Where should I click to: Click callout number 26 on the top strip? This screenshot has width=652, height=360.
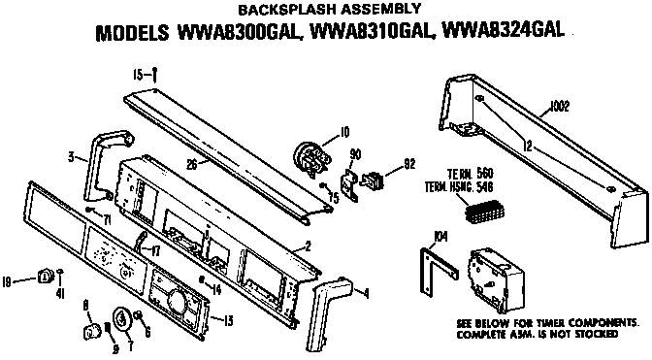click(192, 165)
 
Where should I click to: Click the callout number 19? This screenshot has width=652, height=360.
click(7, 280)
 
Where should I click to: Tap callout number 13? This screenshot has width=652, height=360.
click(229, 320)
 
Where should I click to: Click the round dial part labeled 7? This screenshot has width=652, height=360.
click(124, 317)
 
